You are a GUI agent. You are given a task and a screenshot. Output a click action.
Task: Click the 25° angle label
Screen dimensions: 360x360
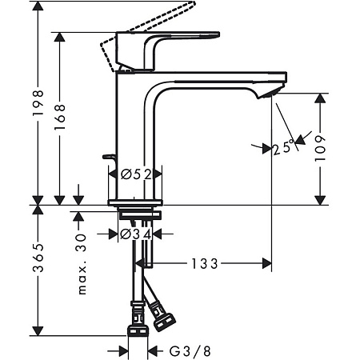282,149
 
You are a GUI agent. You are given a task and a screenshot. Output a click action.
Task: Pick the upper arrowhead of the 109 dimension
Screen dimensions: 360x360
321,99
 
